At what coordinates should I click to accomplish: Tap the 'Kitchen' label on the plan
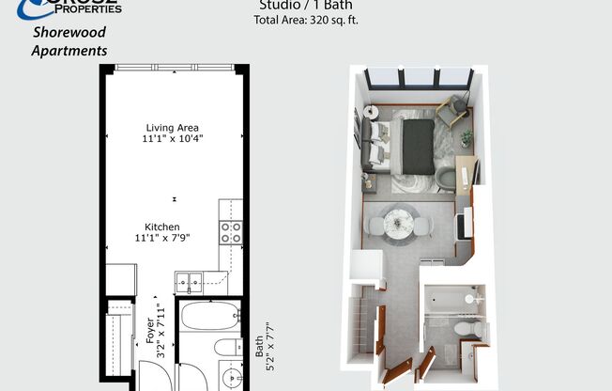[161, 227]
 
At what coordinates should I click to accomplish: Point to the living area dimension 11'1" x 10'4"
[174, 139]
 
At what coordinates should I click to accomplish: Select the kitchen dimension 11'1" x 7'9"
[161, 238]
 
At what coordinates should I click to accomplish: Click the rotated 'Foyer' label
[149, 329]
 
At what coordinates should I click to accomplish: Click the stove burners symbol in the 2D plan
[230, 232]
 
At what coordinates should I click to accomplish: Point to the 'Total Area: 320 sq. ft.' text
[306, 20]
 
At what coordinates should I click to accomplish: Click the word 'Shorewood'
[69, 32]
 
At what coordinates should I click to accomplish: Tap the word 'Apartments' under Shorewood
[69, 51]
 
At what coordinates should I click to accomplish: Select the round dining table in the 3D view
[398, 224]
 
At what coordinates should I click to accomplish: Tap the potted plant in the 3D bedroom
[467, 137]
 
